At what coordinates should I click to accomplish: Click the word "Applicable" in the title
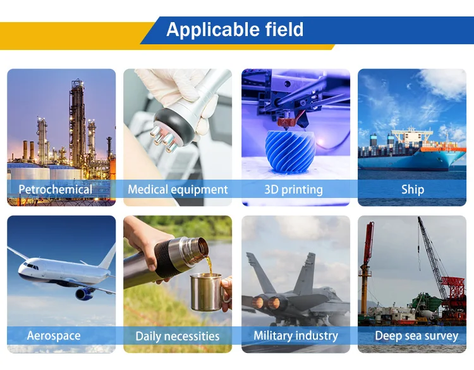pyautogui.click(x=212, y=30)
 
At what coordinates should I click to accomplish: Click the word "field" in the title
pyautogui.click(x=284, y=29)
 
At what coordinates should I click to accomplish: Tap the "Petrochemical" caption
pyautogui.click(x=56, y=189)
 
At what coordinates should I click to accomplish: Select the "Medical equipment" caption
pyautogui.click(x=178, y=190)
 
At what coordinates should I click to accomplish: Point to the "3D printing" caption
pyautogui.click(x=293, y=190)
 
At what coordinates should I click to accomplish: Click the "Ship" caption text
pyautogui.click(x=413, y=190)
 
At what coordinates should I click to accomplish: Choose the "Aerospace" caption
pyautogui.click(x=54, y=335)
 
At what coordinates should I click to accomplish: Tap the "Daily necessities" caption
pyautogui.click(x=178, y=336)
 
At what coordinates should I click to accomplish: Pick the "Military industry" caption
pyautogui.click(x=296, y=335)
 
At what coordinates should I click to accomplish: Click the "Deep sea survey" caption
pyautogui.click(x=416, y=336)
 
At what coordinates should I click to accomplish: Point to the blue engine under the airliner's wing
pyautogui.click(x=84, y=293)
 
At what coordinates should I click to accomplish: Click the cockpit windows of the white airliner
pyautogui.click(x=31, y=266)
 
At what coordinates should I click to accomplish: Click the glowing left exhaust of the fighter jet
pyautogui.click(x=258, y=302)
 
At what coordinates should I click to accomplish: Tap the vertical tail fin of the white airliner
pyautogui.click(x=108, y=257)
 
